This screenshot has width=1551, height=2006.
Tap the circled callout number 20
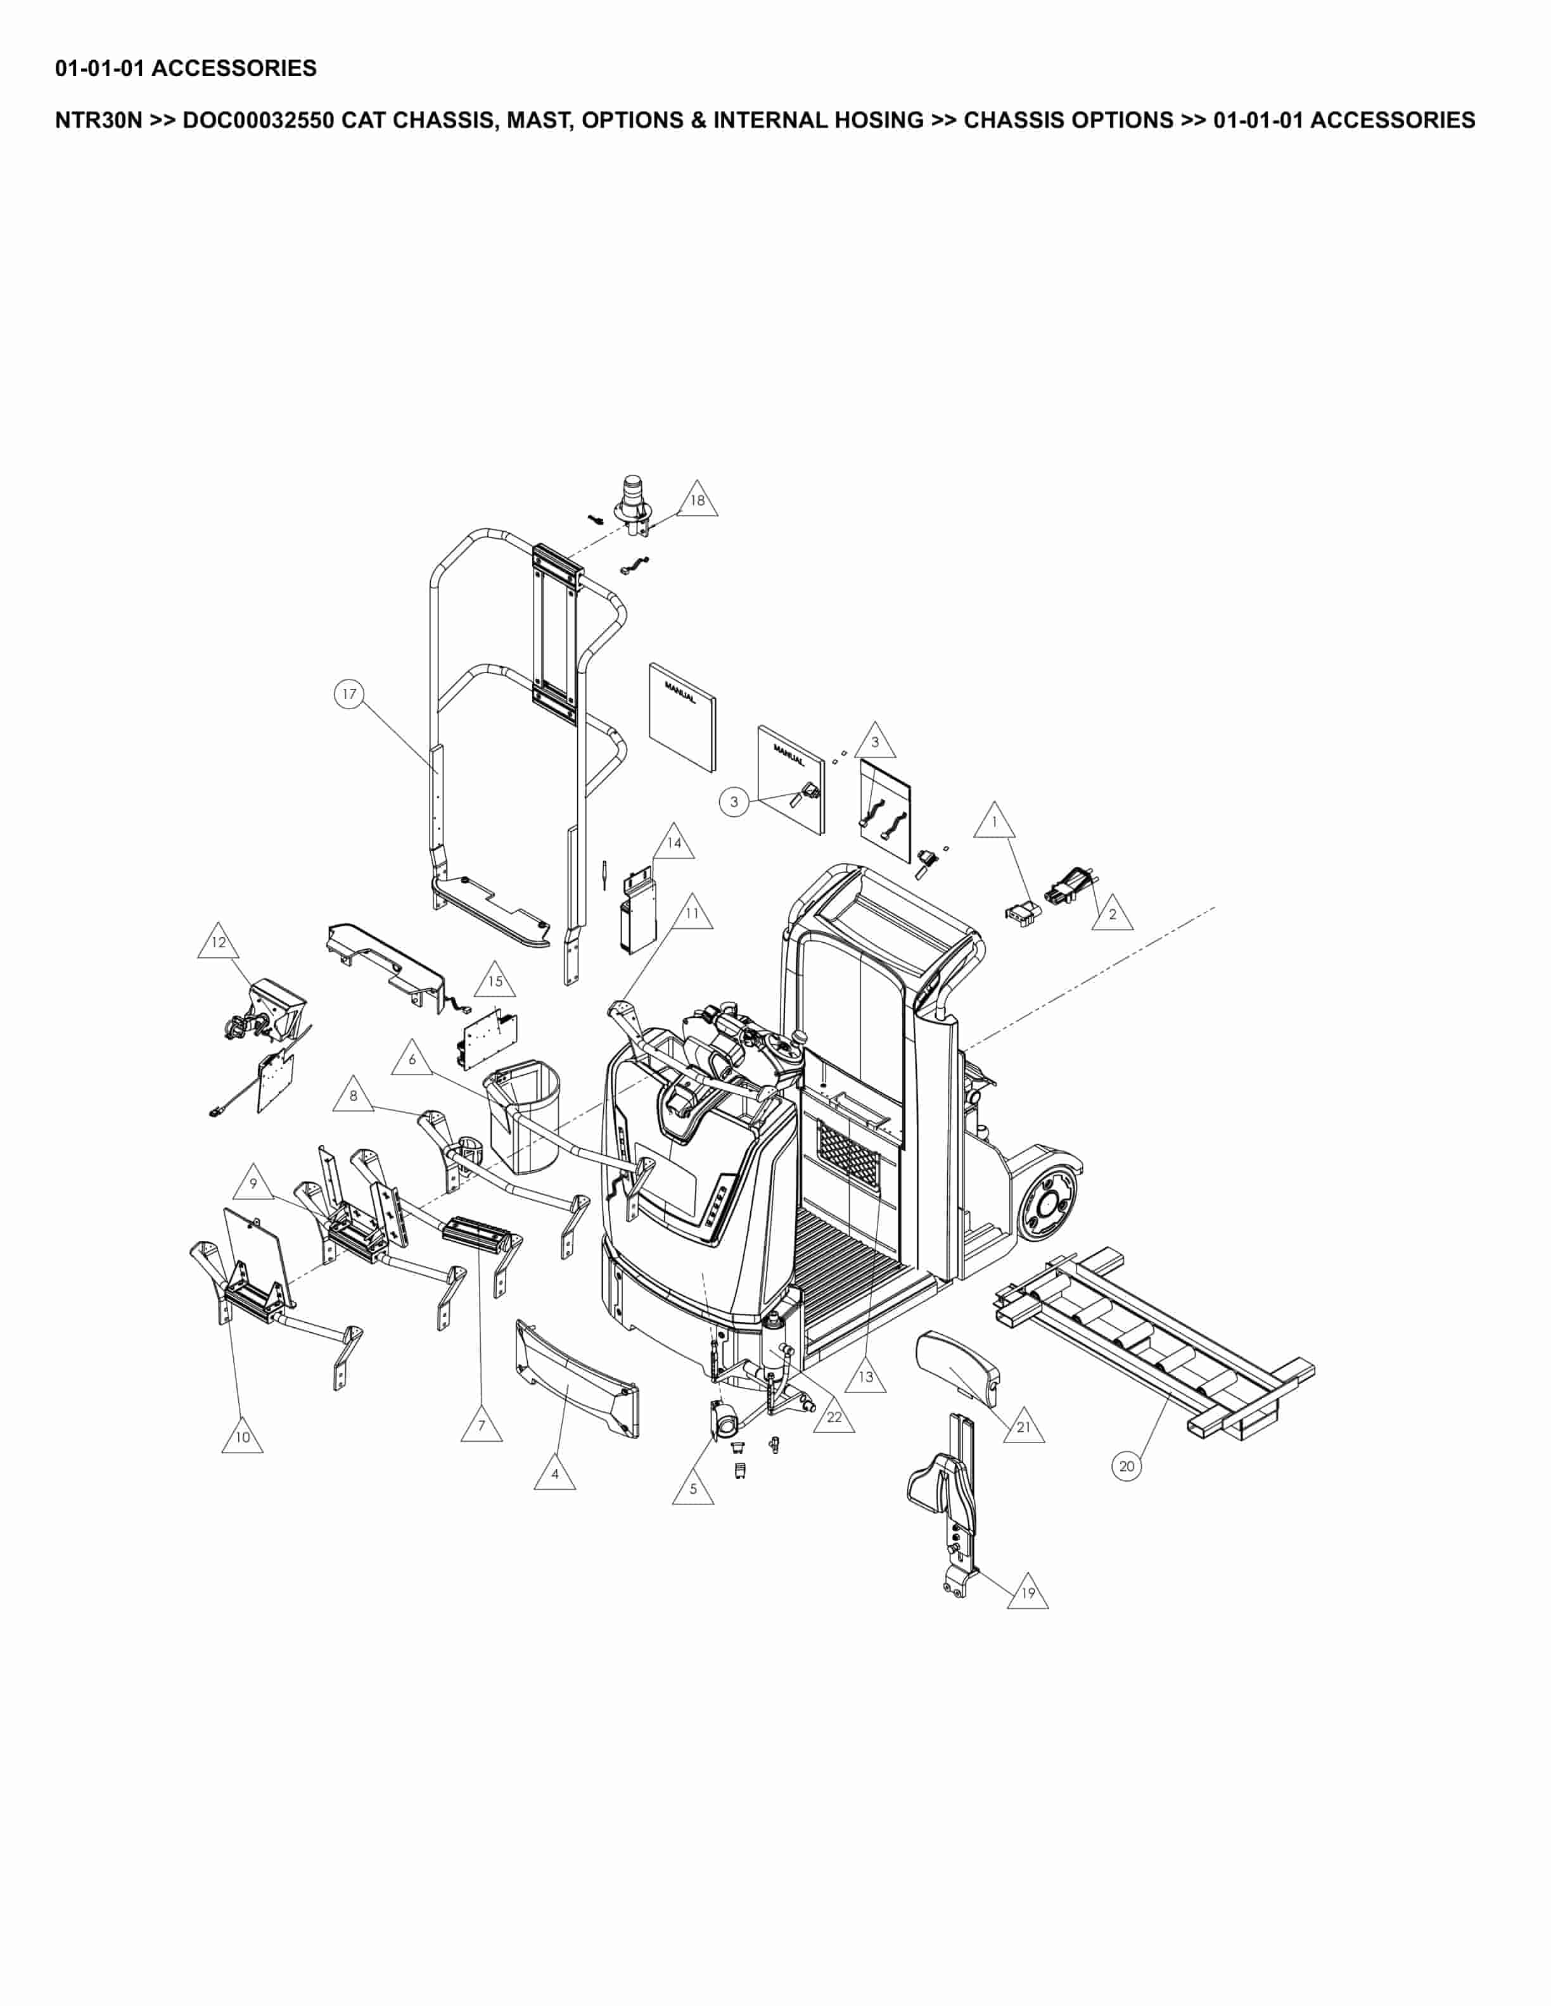[1127, 1466]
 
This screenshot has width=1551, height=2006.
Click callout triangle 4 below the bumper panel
[555, 1474]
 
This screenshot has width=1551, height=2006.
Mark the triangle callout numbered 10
[243, 1437]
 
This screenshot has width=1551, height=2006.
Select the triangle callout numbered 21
[1024, 1427]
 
